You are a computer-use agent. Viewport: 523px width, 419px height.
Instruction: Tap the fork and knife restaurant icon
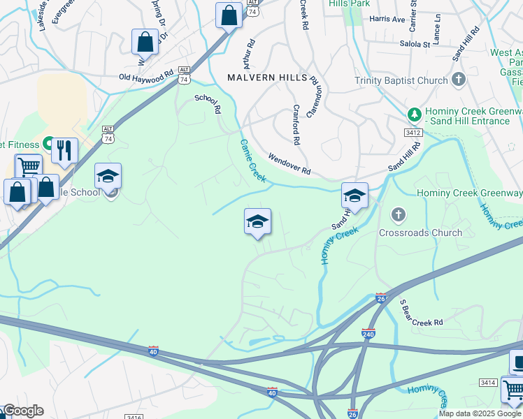click(64, 150)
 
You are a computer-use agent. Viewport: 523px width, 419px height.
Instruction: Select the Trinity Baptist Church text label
click(401, 80)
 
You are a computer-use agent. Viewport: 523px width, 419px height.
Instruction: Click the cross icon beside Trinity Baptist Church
click(459, 79)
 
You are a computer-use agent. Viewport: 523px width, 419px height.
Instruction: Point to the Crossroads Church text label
click(420, 233)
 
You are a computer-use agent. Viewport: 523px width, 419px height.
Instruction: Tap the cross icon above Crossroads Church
click(399, 215)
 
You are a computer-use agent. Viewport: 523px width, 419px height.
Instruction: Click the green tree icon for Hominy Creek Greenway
click(414, 114)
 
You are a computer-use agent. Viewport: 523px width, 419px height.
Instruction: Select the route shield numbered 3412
click(413, 132)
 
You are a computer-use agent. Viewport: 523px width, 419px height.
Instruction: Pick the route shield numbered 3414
click(487, 382)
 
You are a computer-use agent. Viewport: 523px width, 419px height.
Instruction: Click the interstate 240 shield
click(368, 333)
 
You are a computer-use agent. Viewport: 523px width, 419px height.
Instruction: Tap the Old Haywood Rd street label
click(145, 76)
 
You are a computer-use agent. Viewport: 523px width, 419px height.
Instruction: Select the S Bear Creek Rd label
click(422, 313)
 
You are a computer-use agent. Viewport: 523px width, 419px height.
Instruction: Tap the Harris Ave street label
click(387, 19)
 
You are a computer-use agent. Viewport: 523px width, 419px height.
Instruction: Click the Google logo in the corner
click(23, 411)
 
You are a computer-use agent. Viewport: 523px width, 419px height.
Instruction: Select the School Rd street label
click(208, 103)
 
